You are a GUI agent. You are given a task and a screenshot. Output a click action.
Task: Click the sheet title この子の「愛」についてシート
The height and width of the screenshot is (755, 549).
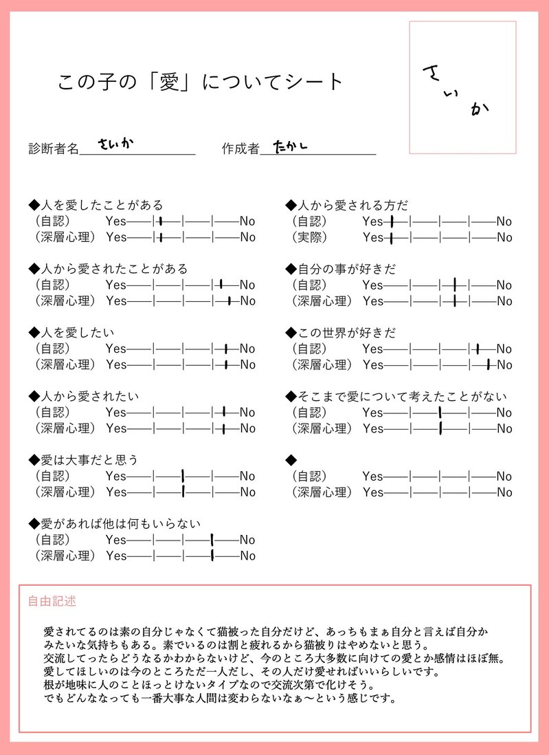pyautogui.click(x=200, y=82)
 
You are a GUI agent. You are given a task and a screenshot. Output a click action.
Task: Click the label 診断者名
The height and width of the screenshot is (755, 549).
pyautogui.click(x=54, y=149)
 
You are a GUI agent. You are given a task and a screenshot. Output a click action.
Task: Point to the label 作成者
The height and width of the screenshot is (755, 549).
pyautogui.click(x=240, y=149)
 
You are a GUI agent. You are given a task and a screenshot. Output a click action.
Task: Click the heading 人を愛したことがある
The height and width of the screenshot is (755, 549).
pyautogui.click(x=96, y=205)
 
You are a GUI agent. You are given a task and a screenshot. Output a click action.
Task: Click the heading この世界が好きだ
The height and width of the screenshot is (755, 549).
pyautogui.click(x=341, y=333)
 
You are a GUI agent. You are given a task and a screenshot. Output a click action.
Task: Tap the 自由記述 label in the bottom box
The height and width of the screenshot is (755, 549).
pyautogui.click(x=52, y=601)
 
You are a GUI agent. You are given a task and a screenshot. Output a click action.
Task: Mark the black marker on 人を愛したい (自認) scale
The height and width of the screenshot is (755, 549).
pyautogui.click(x=225, y=349)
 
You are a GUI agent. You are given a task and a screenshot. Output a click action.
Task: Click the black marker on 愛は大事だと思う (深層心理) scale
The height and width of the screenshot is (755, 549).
pyautogui.click(x=183, y=492)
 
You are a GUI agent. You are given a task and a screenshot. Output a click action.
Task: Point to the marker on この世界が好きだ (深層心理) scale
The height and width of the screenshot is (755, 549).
pyautogui.click(x=488, y=364)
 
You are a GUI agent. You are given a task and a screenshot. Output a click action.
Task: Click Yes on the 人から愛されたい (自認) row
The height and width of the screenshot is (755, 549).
pyautogui.click(x=116, y=413)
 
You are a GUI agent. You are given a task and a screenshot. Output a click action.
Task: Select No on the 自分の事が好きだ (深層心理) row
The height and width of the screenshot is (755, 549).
pyautogui.click(x=504, y=301)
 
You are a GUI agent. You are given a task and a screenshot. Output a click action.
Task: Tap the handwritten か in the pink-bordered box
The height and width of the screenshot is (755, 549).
pyautogui.click(x=480, y=109)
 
